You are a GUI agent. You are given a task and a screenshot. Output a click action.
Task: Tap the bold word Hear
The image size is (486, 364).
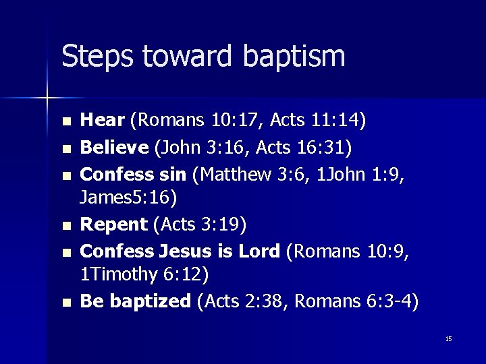103,121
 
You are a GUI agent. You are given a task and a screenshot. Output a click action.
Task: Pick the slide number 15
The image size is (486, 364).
448,339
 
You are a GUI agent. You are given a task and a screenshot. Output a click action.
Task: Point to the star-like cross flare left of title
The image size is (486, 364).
47,98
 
